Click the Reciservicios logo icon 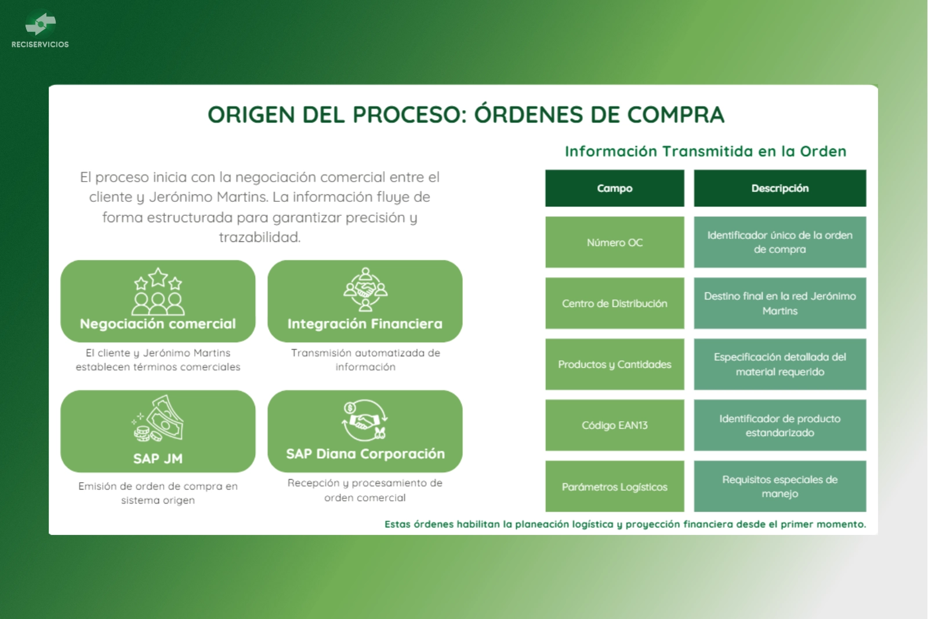(40, 23)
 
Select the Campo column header (614, 188)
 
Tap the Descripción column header (780, 188)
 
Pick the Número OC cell (614, 242)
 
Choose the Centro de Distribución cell (614, 303)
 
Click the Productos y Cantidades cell (614, 364)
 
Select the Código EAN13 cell (614, 425)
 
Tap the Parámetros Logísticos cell (614, 486)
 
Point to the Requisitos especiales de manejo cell (780, 486)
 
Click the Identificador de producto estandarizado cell (780, 425)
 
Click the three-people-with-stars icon (158, 291)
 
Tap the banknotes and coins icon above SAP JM (158, 418)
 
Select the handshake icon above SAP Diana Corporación (365, 420)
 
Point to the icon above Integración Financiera (365, 289)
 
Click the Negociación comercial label (158, 324)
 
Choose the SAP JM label (158, 458)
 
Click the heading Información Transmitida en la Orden (705, 151)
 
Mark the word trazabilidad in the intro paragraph (259, 237)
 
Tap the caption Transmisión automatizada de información (365, 360)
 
